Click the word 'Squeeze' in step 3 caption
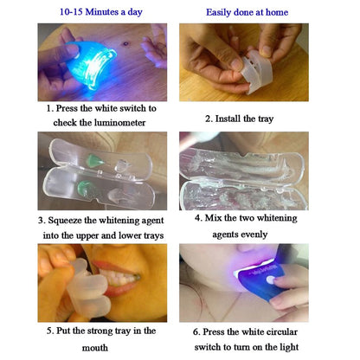74,221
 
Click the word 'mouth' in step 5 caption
89,347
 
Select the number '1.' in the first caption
50,109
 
